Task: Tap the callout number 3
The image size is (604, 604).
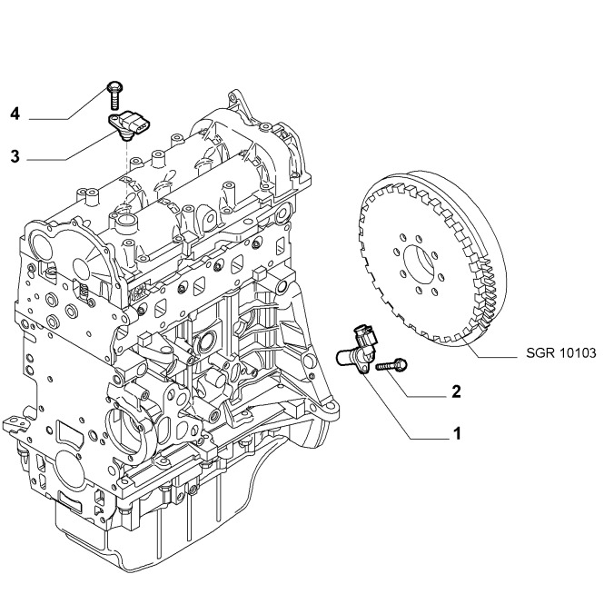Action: pos(15,156)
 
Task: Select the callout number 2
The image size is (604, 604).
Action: pos(455,392)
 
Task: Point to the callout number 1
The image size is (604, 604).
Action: pos(458,433)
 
